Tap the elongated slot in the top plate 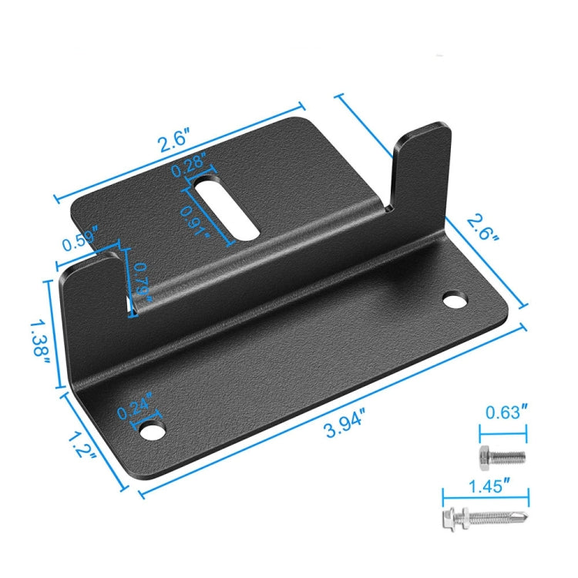[226, 208]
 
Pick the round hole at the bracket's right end [455, 297]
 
